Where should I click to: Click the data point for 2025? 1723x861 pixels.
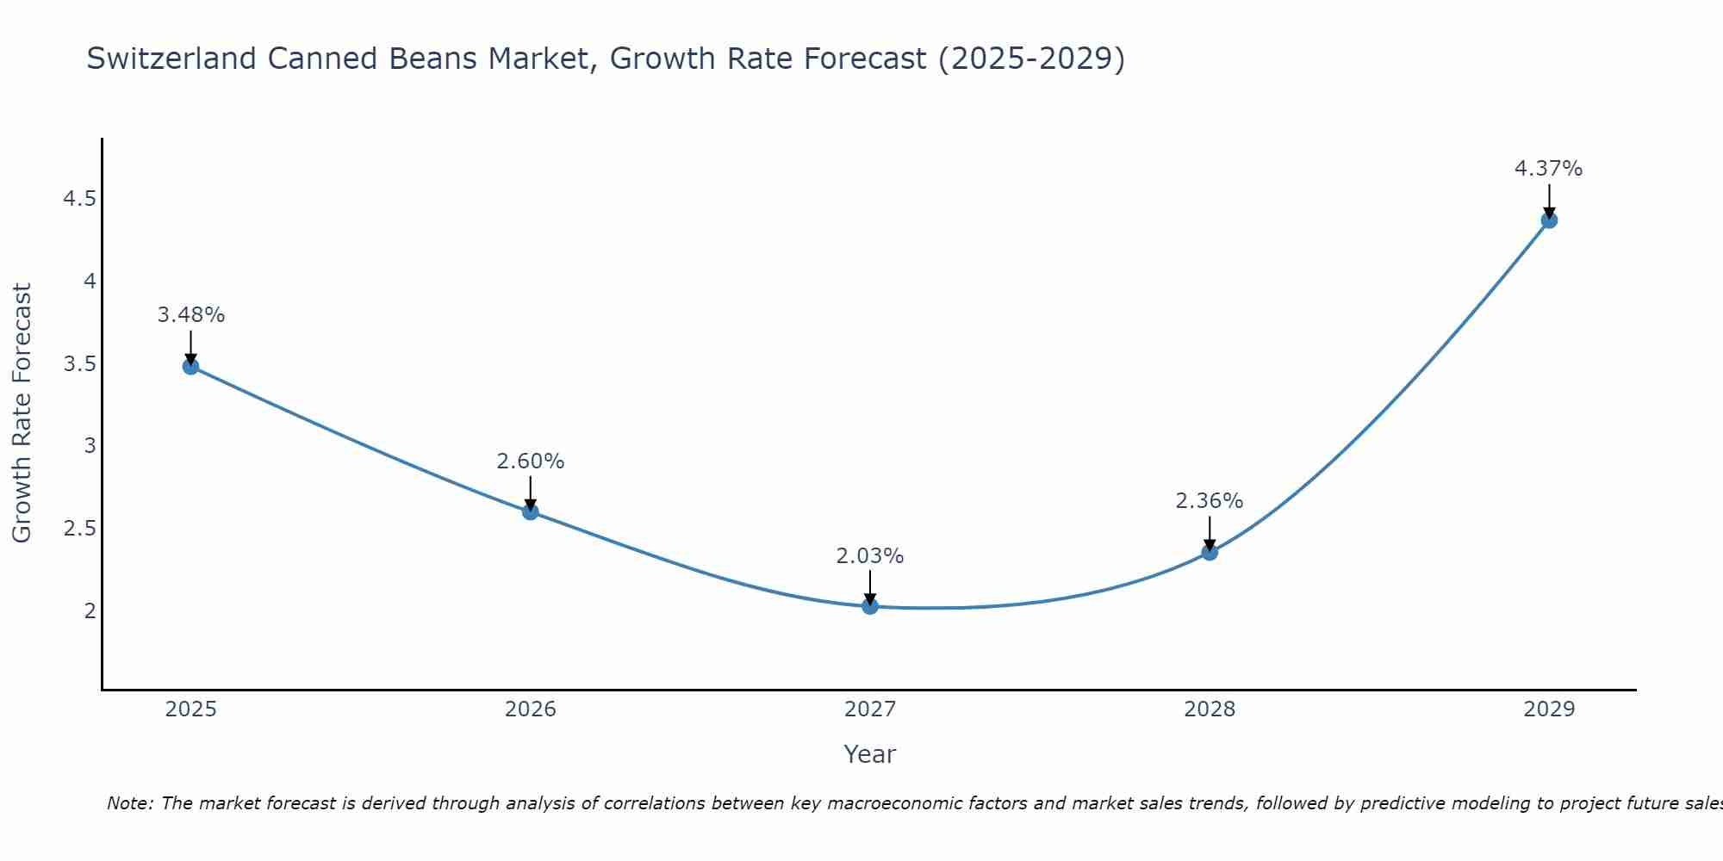pyautogui.click(x=190, y=367)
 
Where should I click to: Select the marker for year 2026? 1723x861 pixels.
pyautogui.click(x=530, y=511)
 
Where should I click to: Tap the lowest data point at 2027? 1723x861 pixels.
pyautogui.click(x=869, y=606)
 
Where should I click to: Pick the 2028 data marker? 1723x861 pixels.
pyautogui.click(x=1209, y=552)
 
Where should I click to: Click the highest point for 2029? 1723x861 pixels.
pyautogui.click(x=1548, y=220)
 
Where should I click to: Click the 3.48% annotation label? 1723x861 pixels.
pyautogui.click(x=190, y=315)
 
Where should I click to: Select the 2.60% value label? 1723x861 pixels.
pyautogui.click(x=530, y=461)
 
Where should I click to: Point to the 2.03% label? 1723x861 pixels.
pyautogui.click(x=869, y=556)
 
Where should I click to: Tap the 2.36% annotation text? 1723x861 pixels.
pyautogui.click(x=1209, y=501)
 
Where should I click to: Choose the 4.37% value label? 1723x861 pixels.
pyautogui.click(x=1548, y=169)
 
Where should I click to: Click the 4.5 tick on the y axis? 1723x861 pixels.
pyautogui.click(x=78, y=200)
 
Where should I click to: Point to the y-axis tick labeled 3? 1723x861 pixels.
pyautogui.click(x=90, y=446)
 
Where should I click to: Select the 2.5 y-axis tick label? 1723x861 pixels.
pyautogui.click(x=78, y=529)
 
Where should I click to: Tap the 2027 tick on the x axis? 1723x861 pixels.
pyautogui.click(x=869, y=709)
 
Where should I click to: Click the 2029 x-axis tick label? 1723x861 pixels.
pyautogui.click(x=1548, y=709)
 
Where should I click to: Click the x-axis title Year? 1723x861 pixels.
pyautogui.click(x=869, y=754)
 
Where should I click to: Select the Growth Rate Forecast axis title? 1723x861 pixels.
pyautogui.click(x=22, y=413)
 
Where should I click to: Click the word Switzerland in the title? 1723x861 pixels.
pyautogui.click(x=171, y=59)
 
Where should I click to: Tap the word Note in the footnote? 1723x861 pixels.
pyautogui.click(x=128, y=803)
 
